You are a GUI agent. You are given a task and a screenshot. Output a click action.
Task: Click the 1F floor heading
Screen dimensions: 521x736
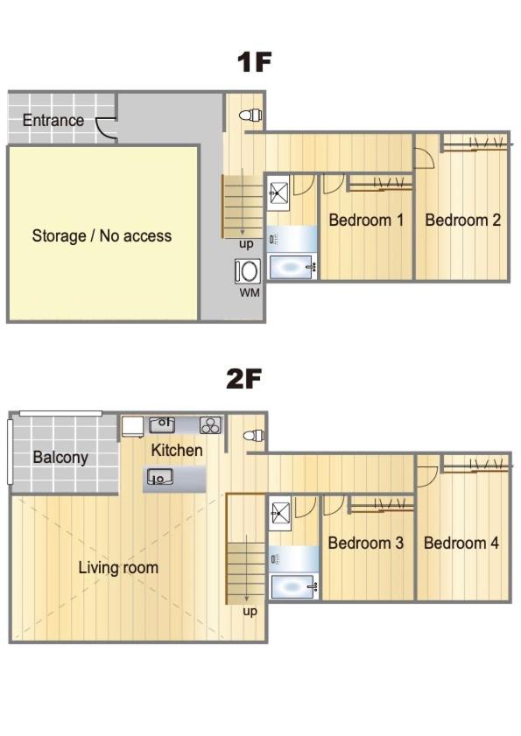254,62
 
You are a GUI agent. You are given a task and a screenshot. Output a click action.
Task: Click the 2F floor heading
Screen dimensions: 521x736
243,379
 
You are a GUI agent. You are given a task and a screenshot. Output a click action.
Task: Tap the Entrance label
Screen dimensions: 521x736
53,120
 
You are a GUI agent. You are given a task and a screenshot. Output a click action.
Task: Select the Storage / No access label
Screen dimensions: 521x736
102,235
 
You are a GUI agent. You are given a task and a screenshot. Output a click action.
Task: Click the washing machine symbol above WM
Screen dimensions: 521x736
248,271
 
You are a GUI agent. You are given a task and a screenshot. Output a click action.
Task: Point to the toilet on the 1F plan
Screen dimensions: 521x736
250,115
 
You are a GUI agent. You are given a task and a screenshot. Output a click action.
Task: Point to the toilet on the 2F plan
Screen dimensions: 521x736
254,435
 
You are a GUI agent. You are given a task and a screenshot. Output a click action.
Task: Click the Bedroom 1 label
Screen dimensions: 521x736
366,220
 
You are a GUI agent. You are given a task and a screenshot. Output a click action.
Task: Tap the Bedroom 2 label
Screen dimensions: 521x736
462,220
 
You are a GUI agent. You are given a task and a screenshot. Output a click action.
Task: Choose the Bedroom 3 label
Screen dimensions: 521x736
365,543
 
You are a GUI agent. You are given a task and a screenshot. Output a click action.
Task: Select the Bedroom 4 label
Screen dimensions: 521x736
461,543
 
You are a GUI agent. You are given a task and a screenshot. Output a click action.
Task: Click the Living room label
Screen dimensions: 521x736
118,567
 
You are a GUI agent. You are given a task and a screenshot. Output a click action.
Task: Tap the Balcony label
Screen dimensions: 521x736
60,457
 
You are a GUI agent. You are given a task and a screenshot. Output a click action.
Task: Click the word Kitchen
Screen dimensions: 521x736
177,450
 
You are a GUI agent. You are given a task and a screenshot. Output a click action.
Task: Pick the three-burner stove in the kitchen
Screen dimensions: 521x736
210,425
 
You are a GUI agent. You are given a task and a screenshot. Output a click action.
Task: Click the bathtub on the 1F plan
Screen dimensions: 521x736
292,267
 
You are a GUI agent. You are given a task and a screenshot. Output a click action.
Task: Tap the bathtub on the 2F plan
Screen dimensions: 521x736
293,586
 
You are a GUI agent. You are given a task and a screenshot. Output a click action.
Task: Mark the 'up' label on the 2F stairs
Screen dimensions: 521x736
250,611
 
